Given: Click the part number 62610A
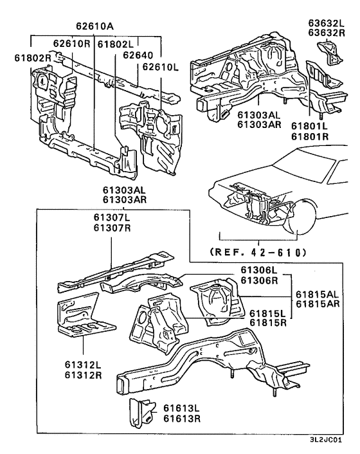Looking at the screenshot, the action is coord(95,26).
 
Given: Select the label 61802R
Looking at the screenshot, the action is coord(33,59).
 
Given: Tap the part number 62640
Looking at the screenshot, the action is coord(138,55).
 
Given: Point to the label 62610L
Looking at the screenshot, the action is coord(160,67).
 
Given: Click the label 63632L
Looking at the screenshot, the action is coord(327,23).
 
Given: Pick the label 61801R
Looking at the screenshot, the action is coord(310,136).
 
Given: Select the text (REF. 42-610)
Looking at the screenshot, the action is coord(258,252).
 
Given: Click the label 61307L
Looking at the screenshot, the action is coord(112,217).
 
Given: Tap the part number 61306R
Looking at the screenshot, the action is coord(259,280).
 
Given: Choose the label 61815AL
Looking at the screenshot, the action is coord(318,294).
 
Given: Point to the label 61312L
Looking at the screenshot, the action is coord(83,365).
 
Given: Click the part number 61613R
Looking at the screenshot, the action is coord(182,419).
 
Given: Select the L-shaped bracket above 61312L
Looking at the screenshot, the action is coord(84,316).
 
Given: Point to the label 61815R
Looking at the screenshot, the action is coord(268,323).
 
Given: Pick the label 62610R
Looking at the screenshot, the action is coord(72,44).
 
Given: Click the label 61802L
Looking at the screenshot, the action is coord(116,44).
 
